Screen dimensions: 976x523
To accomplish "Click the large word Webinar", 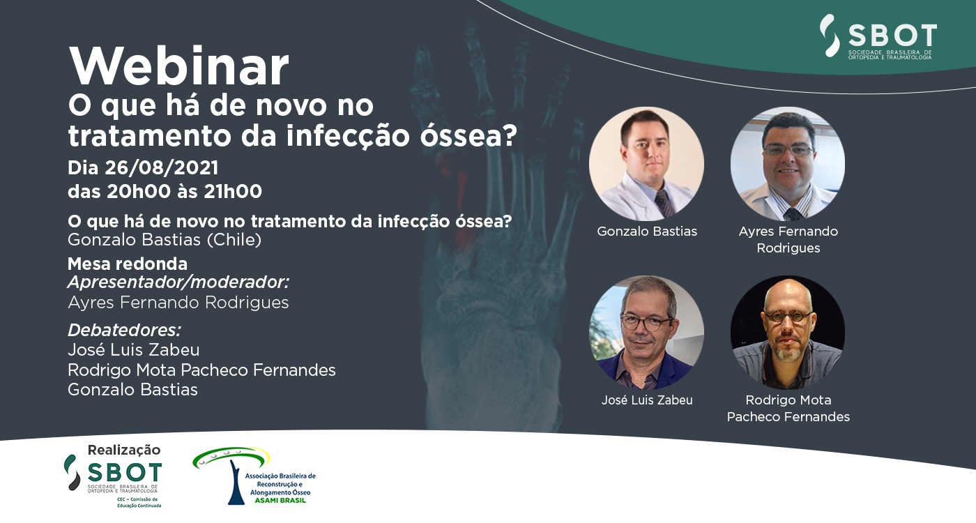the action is point(178,66).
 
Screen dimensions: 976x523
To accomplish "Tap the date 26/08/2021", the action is point(161,168).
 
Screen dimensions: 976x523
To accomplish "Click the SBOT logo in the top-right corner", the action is point(878,36).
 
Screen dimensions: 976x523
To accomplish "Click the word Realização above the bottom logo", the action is point(124,450).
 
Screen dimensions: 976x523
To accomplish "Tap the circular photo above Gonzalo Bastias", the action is point(647,163).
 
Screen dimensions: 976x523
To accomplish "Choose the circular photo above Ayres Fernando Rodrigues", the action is point(788,163).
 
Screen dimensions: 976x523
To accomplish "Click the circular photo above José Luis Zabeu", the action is point(647,333).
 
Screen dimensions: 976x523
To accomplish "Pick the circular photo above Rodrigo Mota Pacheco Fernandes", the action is point(788,333).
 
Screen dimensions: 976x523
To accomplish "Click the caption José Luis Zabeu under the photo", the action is point(647,400).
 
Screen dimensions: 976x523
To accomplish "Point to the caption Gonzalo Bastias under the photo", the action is point(647,231).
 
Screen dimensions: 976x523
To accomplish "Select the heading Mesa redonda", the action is point(128,264).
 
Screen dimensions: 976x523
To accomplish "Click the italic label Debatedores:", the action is point(124,331).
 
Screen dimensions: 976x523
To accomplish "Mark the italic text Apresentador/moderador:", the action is point(178,282).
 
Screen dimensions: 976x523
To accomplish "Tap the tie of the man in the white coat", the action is point(665,203).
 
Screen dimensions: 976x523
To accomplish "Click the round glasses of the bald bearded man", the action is point(788,317).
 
